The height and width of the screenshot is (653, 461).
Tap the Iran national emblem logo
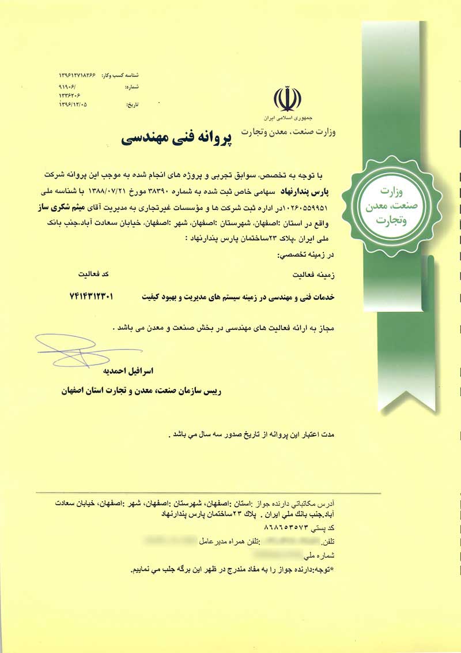286,99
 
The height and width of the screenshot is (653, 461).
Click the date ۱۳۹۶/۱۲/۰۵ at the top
77,105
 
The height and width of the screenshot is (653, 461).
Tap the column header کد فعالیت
89,272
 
